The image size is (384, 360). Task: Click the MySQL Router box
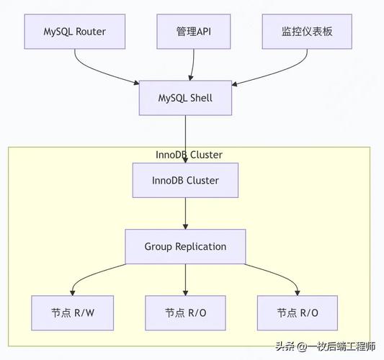point(75,32)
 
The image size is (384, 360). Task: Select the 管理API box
point(193,32)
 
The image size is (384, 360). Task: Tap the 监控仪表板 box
point(306,32)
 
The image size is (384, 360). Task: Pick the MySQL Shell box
point(186,97)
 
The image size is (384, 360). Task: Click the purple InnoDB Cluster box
point(186,180)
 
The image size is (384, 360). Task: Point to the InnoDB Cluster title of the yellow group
point(189,155)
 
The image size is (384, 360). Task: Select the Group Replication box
point(185,246)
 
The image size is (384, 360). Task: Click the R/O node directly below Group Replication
point(185,312)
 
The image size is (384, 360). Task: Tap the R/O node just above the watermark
point(298,312)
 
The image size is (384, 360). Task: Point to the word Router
point(93,32)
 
